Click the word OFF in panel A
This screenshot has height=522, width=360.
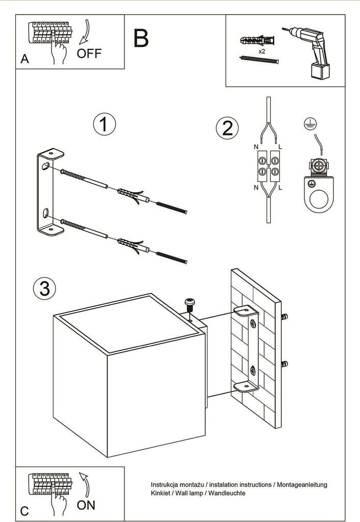[x=89, y=53]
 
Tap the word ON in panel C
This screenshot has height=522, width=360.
[x=86, y=505]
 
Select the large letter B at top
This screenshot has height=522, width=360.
[x=141, y=38]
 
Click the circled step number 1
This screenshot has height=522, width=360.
[x=104, y=124]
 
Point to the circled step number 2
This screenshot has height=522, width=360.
[x=227, y=127]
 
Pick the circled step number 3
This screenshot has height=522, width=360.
[x=44, y=288]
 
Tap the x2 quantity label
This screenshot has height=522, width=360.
[x=261, y=52]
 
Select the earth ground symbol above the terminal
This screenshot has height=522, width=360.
[x=307, y=122]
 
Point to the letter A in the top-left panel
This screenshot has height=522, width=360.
[x=24, y=60]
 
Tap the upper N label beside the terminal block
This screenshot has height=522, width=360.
[x=256, y=147]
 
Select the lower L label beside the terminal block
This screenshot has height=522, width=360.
[x=281, y=187]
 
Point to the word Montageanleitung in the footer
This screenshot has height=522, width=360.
[x=301, y=484]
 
